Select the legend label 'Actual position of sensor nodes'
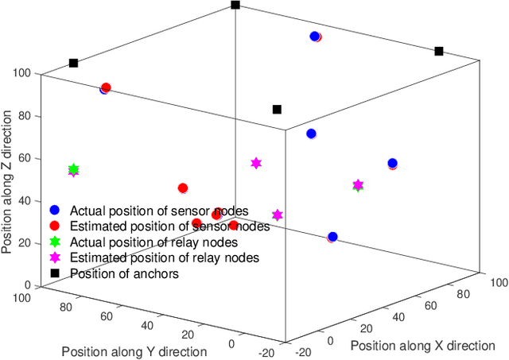pos(159,211)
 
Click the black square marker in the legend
pos(54,274)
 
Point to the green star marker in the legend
pos(54,242)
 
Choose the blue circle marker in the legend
pos(54,211)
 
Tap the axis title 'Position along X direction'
pos(423,345)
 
